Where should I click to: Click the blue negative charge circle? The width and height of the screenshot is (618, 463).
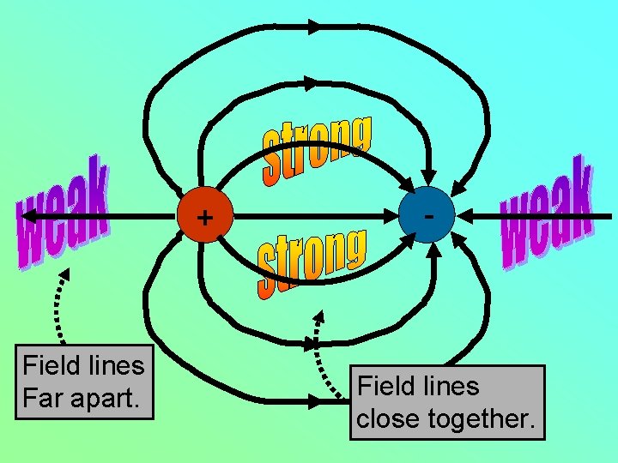coord(427,216)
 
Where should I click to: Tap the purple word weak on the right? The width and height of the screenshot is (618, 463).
coord(548,211)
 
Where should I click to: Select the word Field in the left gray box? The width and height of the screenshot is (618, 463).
coord(48,365)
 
